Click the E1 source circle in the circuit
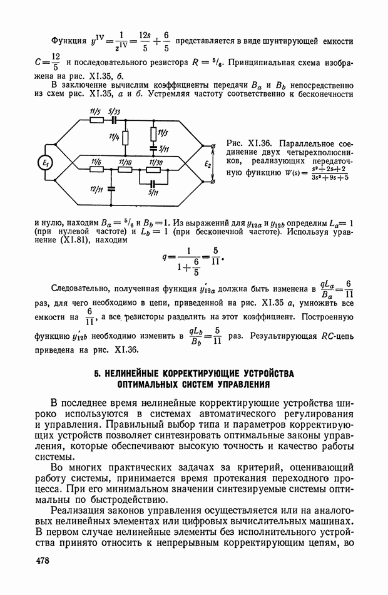tap(45, 163)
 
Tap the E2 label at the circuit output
tap(208, 164)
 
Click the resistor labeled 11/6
tap(96, 169)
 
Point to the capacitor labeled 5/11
tap(153, 182)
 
